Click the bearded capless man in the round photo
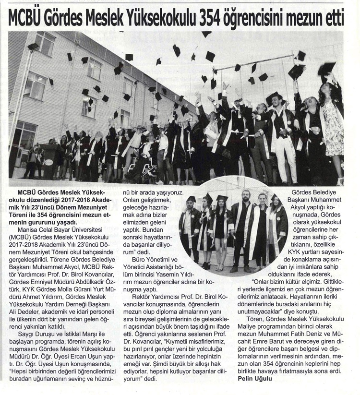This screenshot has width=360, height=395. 244,226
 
